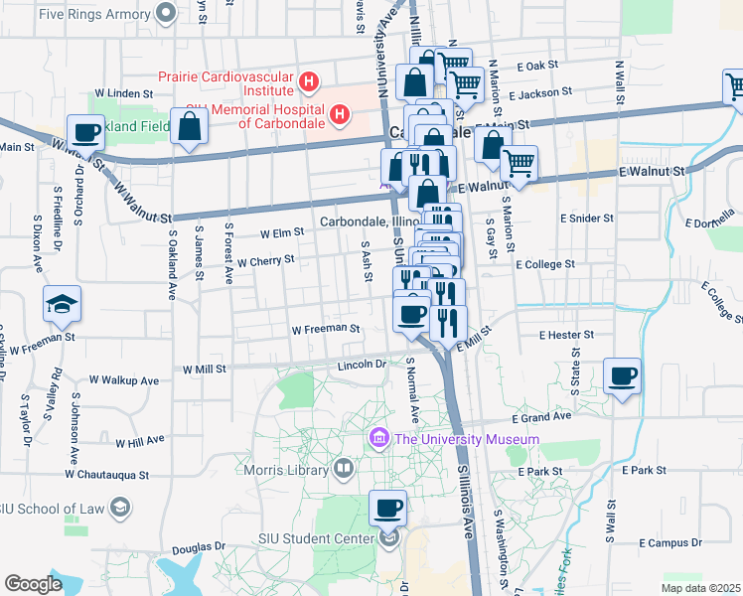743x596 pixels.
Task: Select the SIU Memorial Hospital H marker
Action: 340,115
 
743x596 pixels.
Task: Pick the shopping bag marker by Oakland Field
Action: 189,127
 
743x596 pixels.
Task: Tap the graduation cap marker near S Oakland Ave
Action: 62,303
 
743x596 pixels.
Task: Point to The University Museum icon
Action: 378,438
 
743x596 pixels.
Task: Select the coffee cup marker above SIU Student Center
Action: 388,509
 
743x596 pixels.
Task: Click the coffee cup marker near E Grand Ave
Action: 623,376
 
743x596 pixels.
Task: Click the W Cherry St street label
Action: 266,260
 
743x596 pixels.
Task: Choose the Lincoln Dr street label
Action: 362,365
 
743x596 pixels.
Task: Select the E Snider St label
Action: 586,218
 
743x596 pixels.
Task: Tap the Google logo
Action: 33,583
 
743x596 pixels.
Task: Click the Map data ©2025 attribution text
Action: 700,588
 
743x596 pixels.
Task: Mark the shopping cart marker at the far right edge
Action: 735,88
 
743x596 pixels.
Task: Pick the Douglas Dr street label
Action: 198,547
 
